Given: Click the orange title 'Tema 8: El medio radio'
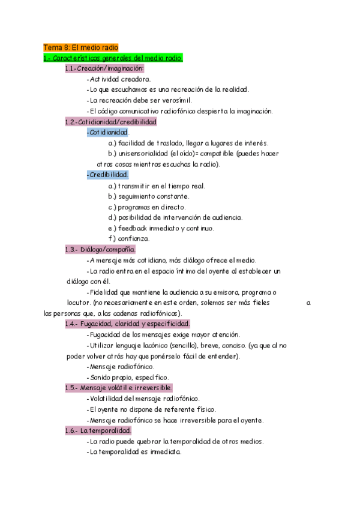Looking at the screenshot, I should click(x=81, y=47).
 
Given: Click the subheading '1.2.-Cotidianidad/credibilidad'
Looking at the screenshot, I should click(x=110, y=121).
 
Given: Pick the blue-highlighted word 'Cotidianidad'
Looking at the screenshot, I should click(x=108, y=132).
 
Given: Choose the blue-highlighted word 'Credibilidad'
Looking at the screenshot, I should click(x=108, y=175).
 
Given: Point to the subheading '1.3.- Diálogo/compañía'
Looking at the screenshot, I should click(x=100, y=249).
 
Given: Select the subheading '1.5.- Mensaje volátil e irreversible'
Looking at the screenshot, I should click(x=119, y=388).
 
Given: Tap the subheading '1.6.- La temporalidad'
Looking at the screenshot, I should click(x=98, y=430).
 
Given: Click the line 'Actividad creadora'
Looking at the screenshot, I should click(x=119, y=79).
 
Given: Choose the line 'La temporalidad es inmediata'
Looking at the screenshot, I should click(x=134, y=452).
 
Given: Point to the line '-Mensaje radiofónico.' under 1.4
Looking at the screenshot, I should click(x=120, y=366).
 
